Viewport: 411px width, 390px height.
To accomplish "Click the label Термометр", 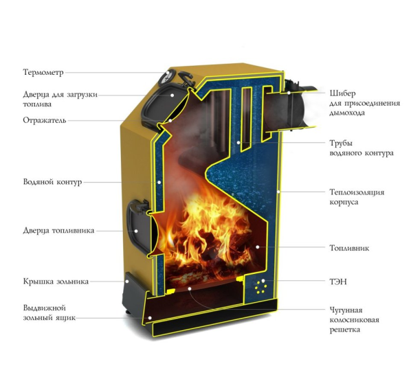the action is pos(43,72).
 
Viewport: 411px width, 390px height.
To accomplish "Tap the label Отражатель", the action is pos(44,120).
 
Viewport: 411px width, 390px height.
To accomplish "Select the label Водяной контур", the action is pos(52,182).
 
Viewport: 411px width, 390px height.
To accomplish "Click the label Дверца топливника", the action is pos(58,231).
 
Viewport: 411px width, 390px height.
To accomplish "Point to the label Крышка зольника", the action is pos(56,282).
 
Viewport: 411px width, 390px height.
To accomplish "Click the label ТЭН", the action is pos(338,282).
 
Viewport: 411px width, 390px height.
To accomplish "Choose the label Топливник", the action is pos(349,248).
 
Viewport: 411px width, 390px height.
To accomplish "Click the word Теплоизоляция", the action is pos(357,192).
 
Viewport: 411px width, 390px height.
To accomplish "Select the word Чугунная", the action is pos(346,310).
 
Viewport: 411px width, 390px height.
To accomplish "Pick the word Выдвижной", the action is pos(44,308).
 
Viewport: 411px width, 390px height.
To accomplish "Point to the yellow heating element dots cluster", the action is pos(261,286).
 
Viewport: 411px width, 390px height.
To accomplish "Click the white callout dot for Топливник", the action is pos(258,246).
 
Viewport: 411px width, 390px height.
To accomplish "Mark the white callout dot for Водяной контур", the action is pos(159,182).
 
